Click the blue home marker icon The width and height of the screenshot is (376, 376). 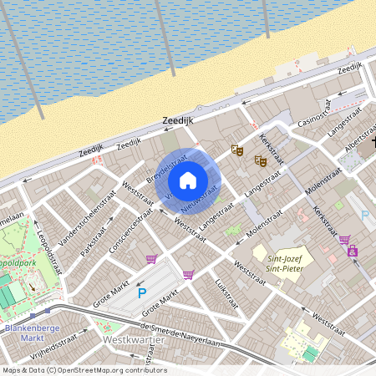(x=188, y=180)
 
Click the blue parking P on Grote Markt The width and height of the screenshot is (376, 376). (x=142, y=293)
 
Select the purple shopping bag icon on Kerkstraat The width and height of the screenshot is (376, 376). (x=353, y=251)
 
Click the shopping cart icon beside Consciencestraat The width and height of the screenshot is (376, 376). (x=151, y=259)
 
